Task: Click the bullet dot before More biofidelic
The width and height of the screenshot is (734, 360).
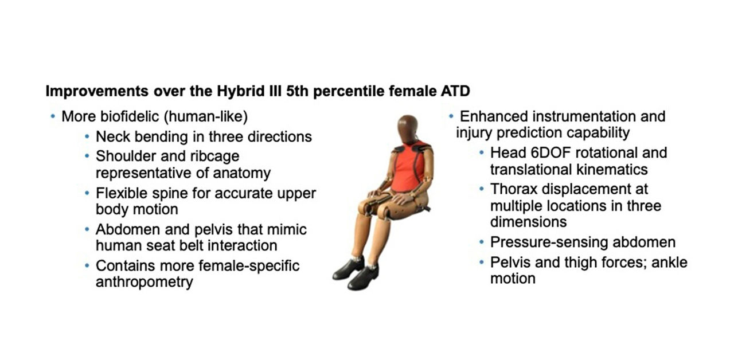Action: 53,116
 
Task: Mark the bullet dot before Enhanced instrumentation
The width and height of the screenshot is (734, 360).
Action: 451,116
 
